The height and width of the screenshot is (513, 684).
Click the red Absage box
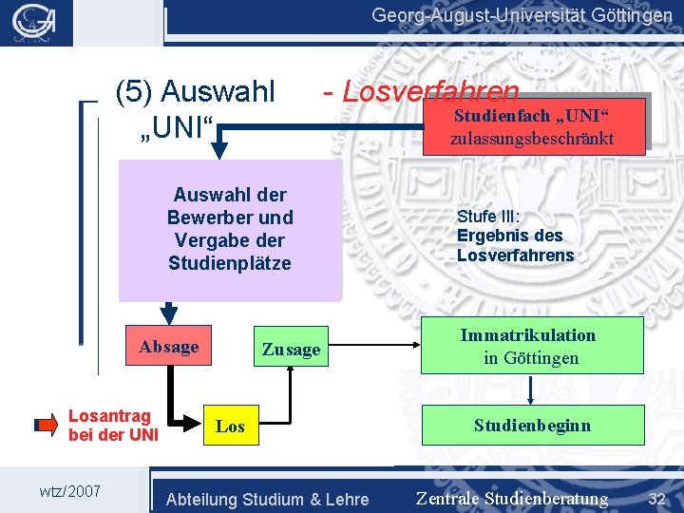tap(169, 347)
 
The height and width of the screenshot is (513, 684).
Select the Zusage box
tap(291, 350)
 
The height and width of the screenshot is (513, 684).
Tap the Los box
tap(230, 427)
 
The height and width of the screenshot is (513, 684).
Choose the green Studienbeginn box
tap(532, 425)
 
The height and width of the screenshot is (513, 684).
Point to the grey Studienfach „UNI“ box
tap(532, 126)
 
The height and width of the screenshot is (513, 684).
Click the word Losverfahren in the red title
tap(430, 92)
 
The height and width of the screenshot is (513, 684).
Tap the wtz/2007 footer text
tap(69, 490)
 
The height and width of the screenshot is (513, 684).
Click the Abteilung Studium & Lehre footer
tap(267, 499)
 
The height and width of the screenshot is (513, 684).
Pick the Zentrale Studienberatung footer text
tap(512, 499)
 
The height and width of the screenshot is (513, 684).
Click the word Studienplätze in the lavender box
tap(229, 262)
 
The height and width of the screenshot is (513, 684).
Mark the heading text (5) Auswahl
tap(195, 92)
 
